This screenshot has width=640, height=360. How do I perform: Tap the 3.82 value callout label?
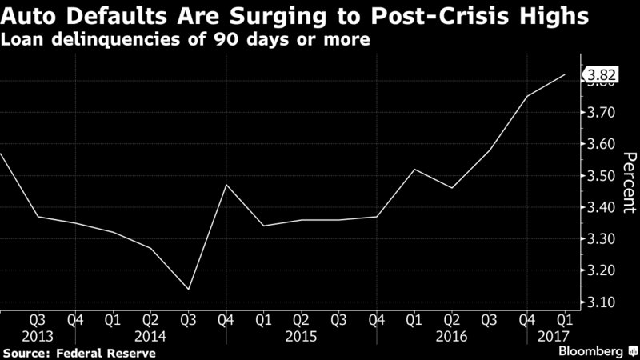(x=601, y=77)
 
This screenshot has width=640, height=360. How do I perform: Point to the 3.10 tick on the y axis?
(x=602, y=302)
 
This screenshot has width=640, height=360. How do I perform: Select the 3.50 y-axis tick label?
(x=602, y=176)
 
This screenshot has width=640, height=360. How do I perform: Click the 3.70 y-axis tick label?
(x=602, y=113)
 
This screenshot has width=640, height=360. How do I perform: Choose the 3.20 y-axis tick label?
(x=602, y=270)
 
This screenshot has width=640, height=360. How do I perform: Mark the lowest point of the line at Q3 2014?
(x=187, y=289)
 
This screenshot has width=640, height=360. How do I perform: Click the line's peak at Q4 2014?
(x=226, y=185)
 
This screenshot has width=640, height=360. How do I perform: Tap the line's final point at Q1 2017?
(x=565, y=75)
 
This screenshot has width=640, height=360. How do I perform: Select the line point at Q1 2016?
(x=414, y=169)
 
